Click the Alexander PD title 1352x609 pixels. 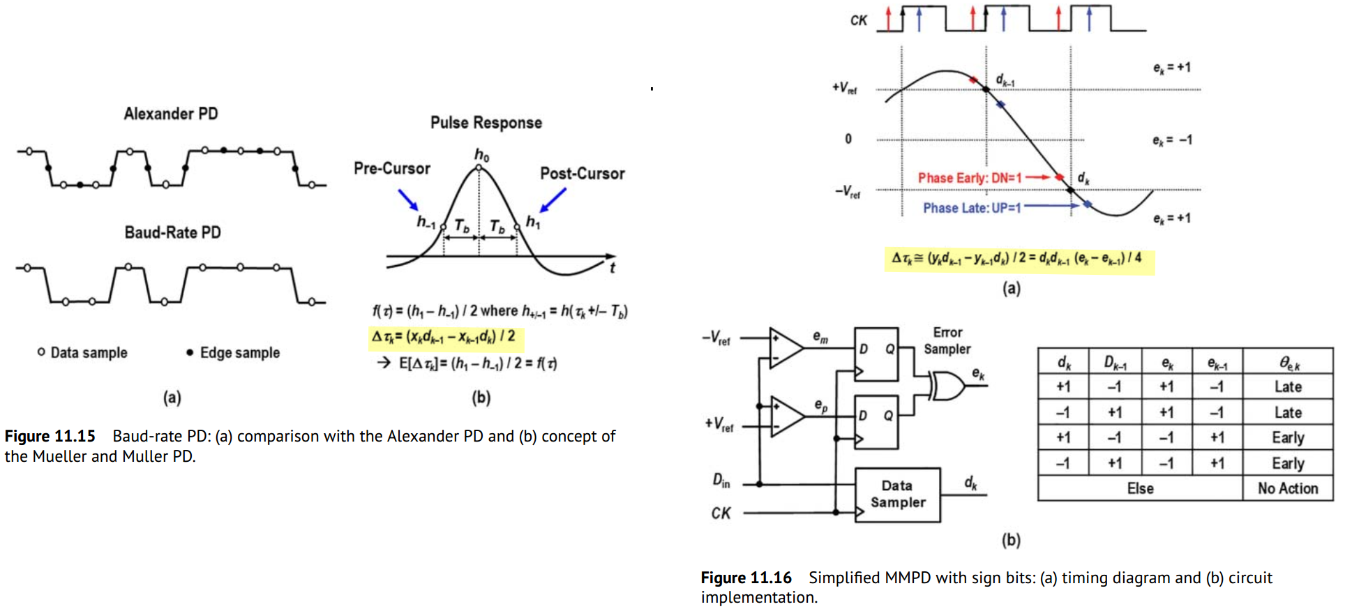pyautogui.click(x=171, y=114)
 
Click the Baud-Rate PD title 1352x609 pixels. pyautogui.click(x=172, y=232)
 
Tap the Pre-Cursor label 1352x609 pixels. pyautogui.click(x=392, y=168)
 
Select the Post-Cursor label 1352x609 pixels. pyautogui.click(x=583, y=174)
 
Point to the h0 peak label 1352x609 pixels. pyautogui.click(x=482, y=155)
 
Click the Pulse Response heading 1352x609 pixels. pyautogui.click(x=486, y=123)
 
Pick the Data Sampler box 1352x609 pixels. pyautogui.click(x=898, y=495)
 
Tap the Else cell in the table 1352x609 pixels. pyautogui.click(x=1141, y=488)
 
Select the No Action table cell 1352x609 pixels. pyautogui.click(x=1288, y=488)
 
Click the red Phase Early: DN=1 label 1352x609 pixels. pyautogui.click(x=970, y=178)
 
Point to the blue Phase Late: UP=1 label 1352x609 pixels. pyautogui.click(x=972, y=208)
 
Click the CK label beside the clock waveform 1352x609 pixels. pyautogui.click(x=858, y=21)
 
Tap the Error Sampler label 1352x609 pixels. pyautogui.click(x=947, y=340)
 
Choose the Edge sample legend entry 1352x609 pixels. pyautogui.click(x=233, y=352)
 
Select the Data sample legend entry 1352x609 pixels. pyautogui.click(x=82, y=352)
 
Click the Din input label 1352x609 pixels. pyautogui.click(x=721, y=480)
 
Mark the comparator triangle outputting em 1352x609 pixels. pyautogui.click(x=786, y=347)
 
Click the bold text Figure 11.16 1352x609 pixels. pyautogui.click(x=746, y=578)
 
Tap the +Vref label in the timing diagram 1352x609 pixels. pyautogui.click(x=844, y=88)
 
